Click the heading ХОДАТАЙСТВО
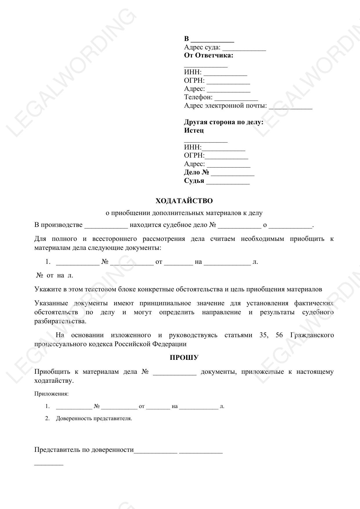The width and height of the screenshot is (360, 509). [184, 201]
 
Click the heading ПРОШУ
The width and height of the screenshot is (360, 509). [184, 358]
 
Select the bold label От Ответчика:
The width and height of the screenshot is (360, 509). [209, 55]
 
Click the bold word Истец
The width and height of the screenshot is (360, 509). [194, 130]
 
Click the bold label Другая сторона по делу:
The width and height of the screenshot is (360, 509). [224, 122]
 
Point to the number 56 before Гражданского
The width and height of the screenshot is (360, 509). [279, 335]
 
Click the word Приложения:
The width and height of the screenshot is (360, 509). [51, 394]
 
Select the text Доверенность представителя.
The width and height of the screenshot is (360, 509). [94, 418]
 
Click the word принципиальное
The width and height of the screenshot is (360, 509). [165, 303]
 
